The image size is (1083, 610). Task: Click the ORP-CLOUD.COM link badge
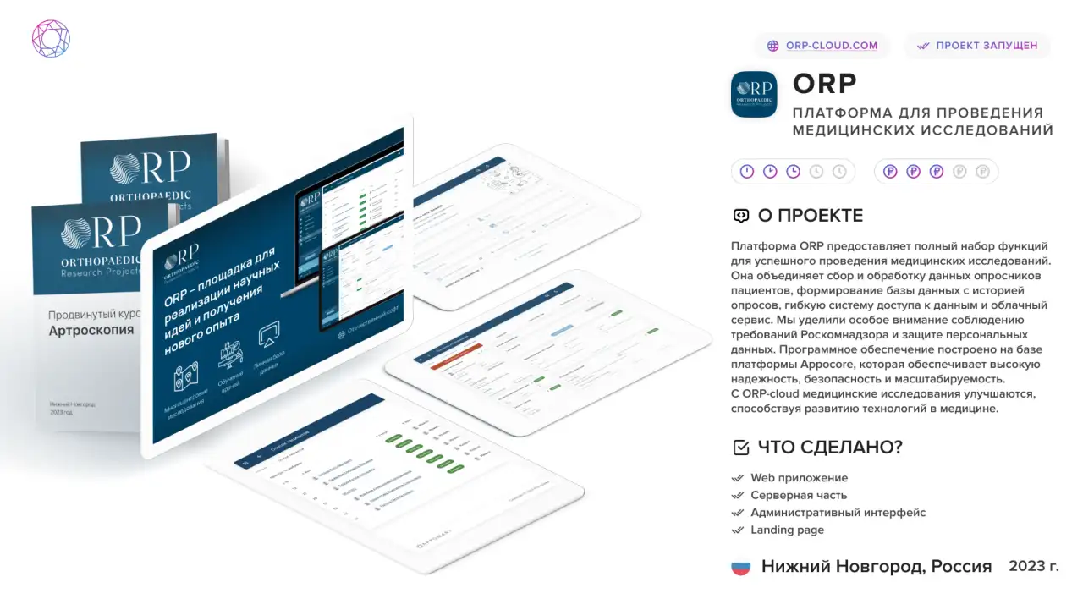pos(822,46)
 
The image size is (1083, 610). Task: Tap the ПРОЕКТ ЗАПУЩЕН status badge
pos(977,46)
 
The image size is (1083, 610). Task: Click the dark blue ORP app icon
pos(753,94)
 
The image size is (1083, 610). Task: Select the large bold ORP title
pos(825,84)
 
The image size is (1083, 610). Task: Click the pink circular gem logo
pos(51,39)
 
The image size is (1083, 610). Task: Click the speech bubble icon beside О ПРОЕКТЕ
pos(741,216)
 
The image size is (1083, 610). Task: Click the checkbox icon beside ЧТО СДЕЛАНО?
pos(740,448)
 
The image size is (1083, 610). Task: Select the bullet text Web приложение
pos(799,478)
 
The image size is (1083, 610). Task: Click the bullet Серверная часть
pos(798,496)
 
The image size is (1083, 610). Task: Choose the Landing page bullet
pos(787,530)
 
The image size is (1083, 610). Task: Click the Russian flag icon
pos(740,567)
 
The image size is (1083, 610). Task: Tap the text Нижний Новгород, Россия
pos(876,567)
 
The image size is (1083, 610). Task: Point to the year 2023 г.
pos(1033,566)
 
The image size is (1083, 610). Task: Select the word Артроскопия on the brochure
pos(91,330)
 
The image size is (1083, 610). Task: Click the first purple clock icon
pos(747,172)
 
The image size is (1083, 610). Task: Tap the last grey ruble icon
pos(982,172)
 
